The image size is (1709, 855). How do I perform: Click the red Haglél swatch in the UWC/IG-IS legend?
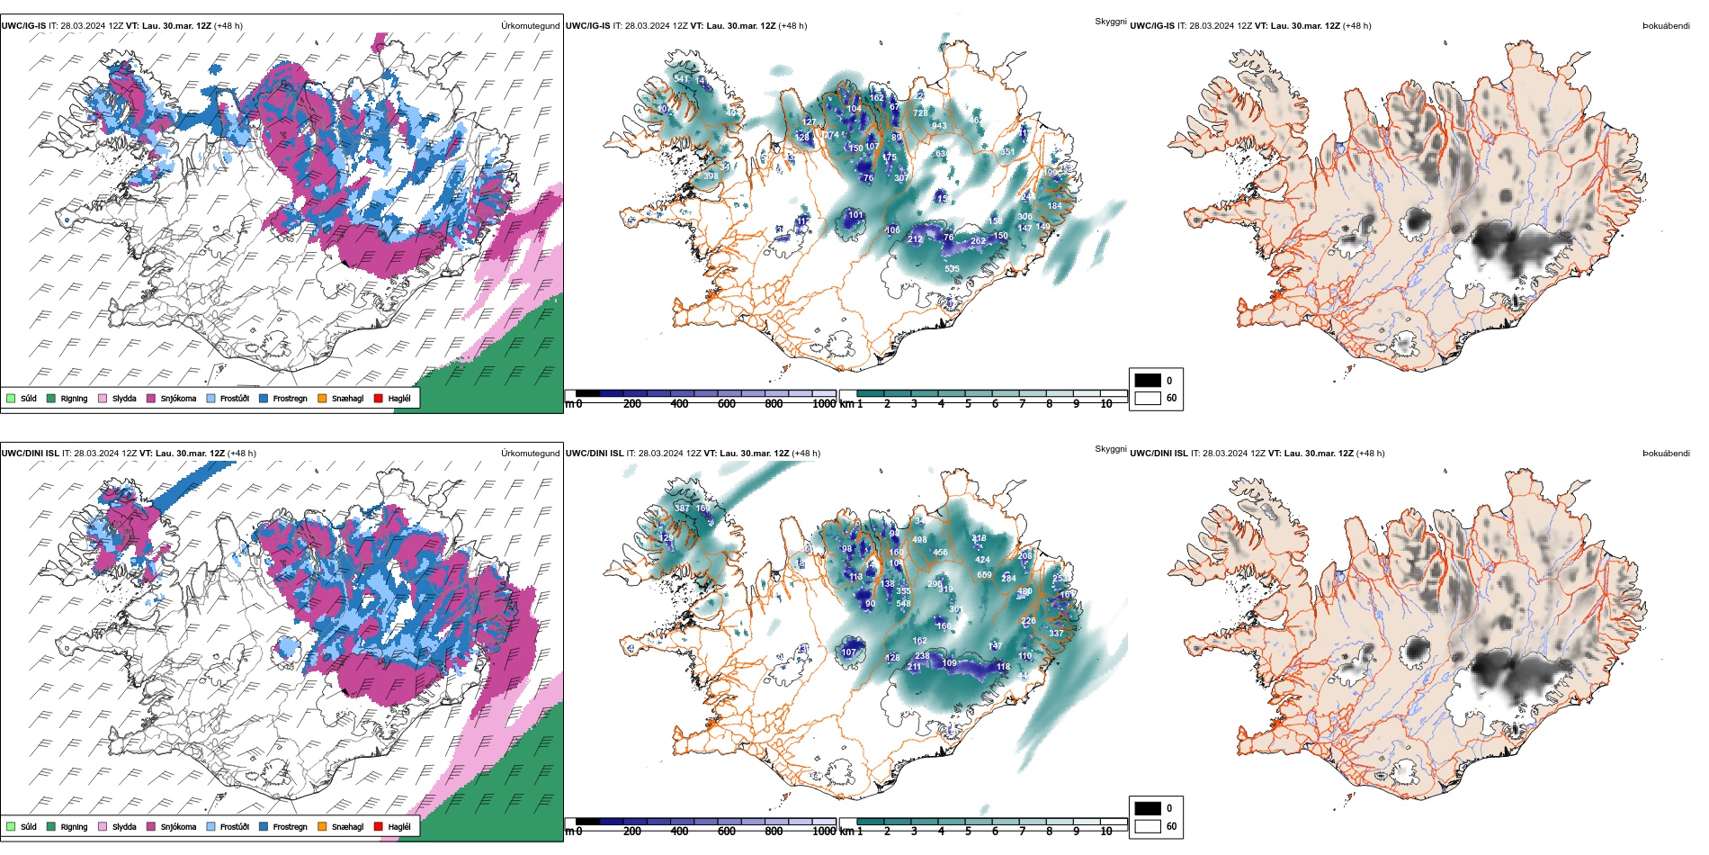click(x=379, y=398)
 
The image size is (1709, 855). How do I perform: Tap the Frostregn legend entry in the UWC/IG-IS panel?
click(x=282, y=398)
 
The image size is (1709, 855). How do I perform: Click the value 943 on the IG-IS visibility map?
click(x=939, y=126)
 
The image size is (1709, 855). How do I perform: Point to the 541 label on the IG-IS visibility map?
click(x=681, y=79)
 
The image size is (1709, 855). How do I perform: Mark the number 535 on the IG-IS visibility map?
click(x=952, y=269)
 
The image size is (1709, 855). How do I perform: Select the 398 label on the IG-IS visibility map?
click(x=711, y=176)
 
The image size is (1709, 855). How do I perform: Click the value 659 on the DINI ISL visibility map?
click(x=984, y=575)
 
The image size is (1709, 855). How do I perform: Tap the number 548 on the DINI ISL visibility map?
click(x=903, y=604)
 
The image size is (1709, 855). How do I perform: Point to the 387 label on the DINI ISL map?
click(x=682, y=508)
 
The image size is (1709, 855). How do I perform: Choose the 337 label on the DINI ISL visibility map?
click(x=1056, y=634)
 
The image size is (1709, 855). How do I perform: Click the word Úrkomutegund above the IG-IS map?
click(x=530, y=26)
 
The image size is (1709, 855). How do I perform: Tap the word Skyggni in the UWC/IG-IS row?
click(x=1110, y=22)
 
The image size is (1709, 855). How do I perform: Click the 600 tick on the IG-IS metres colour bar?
click(x=726, y=404)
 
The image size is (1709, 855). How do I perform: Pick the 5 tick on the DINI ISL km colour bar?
click(x=968, y=832)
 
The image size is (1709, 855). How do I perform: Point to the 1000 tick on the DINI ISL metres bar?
click(x=823, y=832)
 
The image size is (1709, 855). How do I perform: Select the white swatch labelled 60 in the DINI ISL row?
click(x=1148, y=826)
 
